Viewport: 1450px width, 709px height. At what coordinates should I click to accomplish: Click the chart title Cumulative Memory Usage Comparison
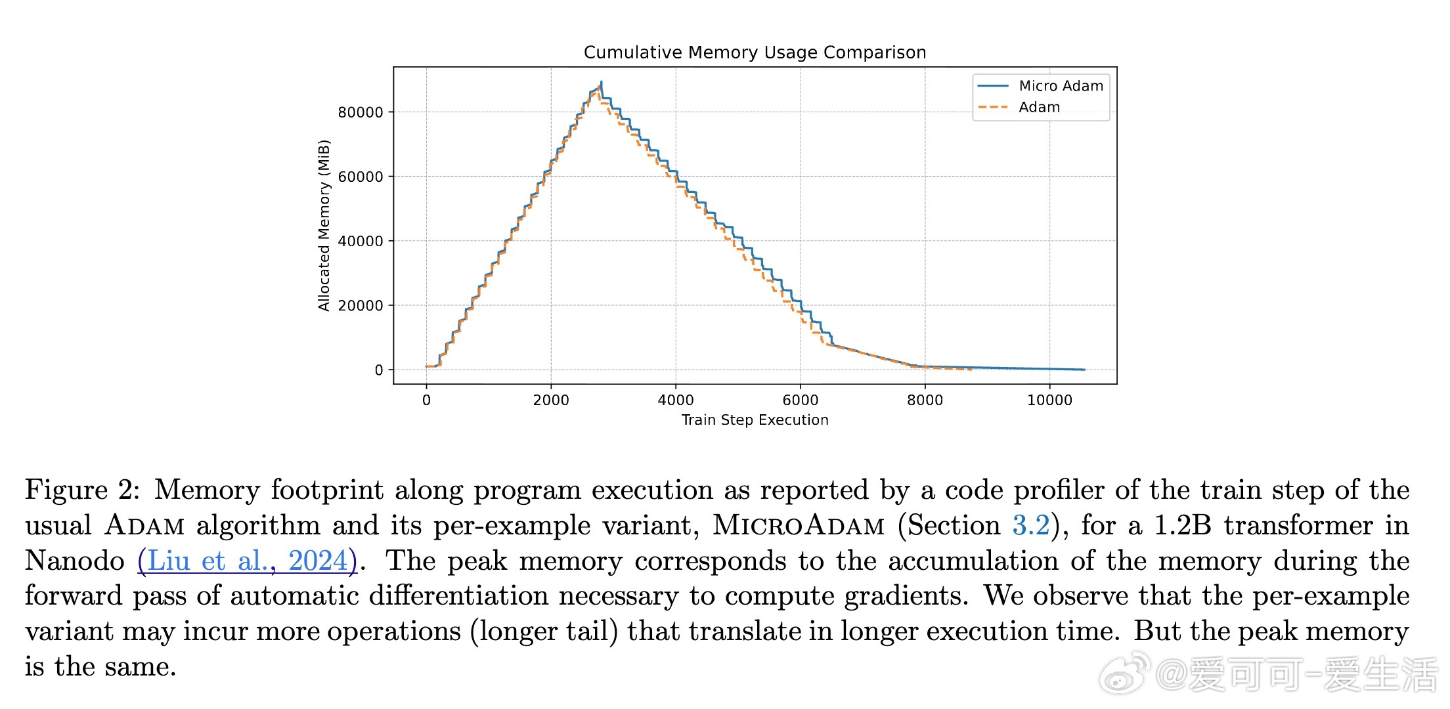coord(755,53)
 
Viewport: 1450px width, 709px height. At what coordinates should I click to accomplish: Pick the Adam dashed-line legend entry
coord(1039,107)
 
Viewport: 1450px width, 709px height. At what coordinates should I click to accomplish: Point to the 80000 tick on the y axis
coord(361,112)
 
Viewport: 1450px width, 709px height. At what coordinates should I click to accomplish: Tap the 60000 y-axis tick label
coord(361,177)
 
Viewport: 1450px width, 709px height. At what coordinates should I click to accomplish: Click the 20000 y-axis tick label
coord(361,306)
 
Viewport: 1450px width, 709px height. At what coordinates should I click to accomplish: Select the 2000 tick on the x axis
coord(551,400)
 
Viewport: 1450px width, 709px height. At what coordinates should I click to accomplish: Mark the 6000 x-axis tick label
coord(800,400)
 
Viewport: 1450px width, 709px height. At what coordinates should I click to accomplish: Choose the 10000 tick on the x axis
coord(1049,400)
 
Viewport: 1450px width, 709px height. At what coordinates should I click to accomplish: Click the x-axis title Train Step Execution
coord(755,420)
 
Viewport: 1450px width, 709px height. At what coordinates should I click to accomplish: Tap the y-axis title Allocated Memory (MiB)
coord(324,225)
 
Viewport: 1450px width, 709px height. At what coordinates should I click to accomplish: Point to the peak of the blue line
coord(601,82)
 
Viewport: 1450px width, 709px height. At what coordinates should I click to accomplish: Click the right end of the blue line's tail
coord(1084,370)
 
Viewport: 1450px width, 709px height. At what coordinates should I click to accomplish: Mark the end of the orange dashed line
coord(971,370)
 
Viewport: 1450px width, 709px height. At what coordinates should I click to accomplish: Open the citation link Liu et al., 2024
coord(247,561)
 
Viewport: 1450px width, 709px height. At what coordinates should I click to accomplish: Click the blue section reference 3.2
coord(1030,525)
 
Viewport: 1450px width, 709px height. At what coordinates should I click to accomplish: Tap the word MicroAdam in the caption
coord(799,525)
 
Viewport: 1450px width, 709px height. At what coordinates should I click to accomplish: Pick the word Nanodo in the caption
coord(74,561)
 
